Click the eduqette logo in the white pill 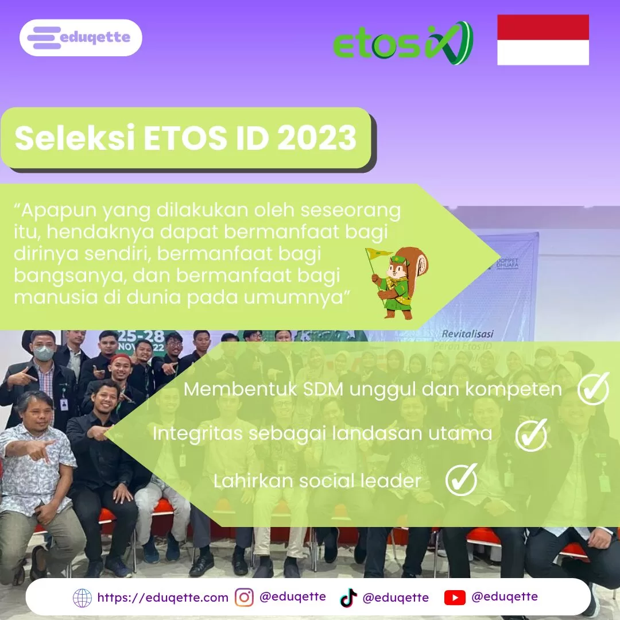(x=80, y=38)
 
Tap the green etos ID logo (x=402, y=43)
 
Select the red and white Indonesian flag (x=542, y=40)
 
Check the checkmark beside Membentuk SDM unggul (x=592, y=389)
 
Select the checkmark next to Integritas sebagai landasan (x=531, y=435)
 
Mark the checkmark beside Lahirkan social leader (x=462, y=480)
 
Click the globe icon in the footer (x=82, y=598)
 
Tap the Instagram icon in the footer (x=244, y=598)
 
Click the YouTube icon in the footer (x=455, y=598)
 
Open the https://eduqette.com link (x=162, y=598)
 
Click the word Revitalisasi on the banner (x=467, y=334)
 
